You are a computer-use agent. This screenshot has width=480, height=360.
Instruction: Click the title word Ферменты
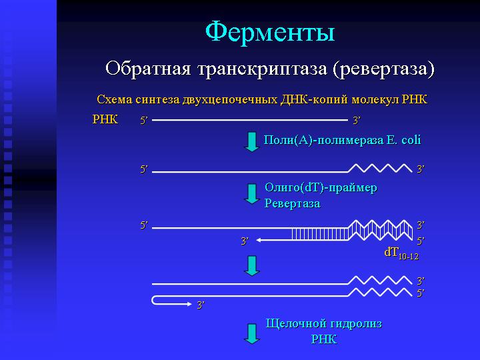(x=270, y=32)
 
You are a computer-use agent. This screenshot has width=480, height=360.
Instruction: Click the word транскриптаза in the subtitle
(x=262, y=69)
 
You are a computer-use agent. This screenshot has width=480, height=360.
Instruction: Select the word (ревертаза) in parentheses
(x=383, y=69)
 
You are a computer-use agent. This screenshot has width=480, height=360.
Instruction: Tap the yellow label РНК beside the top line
(x=105, y=119)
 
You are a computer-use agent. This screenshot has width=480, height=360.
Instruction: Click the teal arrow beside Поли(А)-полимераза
(x=251, y=142)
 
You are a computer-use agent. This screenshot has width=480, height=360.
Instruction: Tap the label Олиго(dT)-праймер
(x=321, y=187)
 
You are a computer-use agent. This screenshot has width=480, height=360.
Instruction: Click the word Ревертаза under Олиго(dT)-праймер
(x=293, y=203)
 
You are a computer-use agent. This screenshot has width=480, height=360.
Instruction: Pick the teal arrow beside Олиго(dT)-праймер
(x=251, y=194)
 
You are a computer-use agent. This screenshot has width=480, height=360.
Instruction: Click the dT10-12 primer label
(x=401, y=253)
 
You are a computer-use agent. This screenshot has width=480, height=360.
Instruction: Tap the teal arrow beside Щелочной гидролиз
(x=252, y=334)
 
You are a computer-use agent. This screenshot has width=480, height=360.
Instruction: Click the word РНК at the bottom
(x=324, y=339)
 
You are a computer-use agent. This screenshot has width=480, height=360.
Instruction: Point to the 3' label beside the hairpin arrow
(x=201, y=305)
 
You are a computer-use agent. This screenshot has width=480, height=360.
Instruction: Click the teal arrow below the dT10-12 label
(x=252, y=266)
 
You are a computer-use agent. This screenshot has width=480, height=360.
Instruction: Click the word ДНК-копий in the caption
(x=314, y=100)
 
